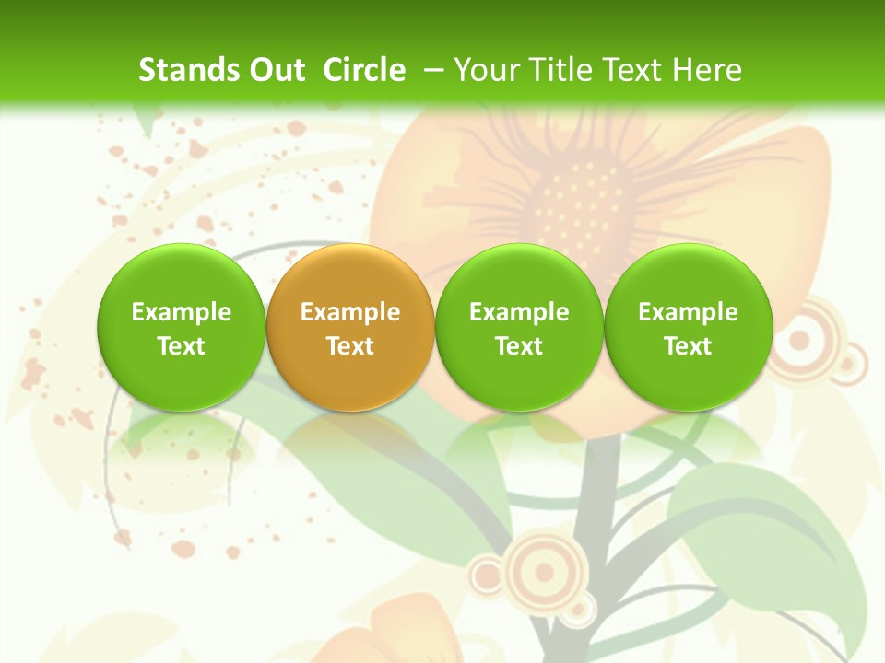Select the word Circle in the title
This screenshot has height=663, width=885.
tap(364, 70)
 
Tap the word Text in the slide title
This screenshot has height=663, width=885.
tap(630, 70)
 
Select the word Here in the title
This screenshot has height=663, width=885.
tap(707, 70)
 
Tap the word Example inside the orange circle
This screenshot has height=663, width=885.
tap(350, 312)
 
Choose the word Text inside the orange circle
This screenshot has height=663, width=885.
tap(350, 346)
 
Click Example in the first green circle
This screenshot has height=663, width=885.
tap(181, 312)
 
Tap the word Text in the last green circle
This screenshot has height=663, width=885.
tap(688, 346)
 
